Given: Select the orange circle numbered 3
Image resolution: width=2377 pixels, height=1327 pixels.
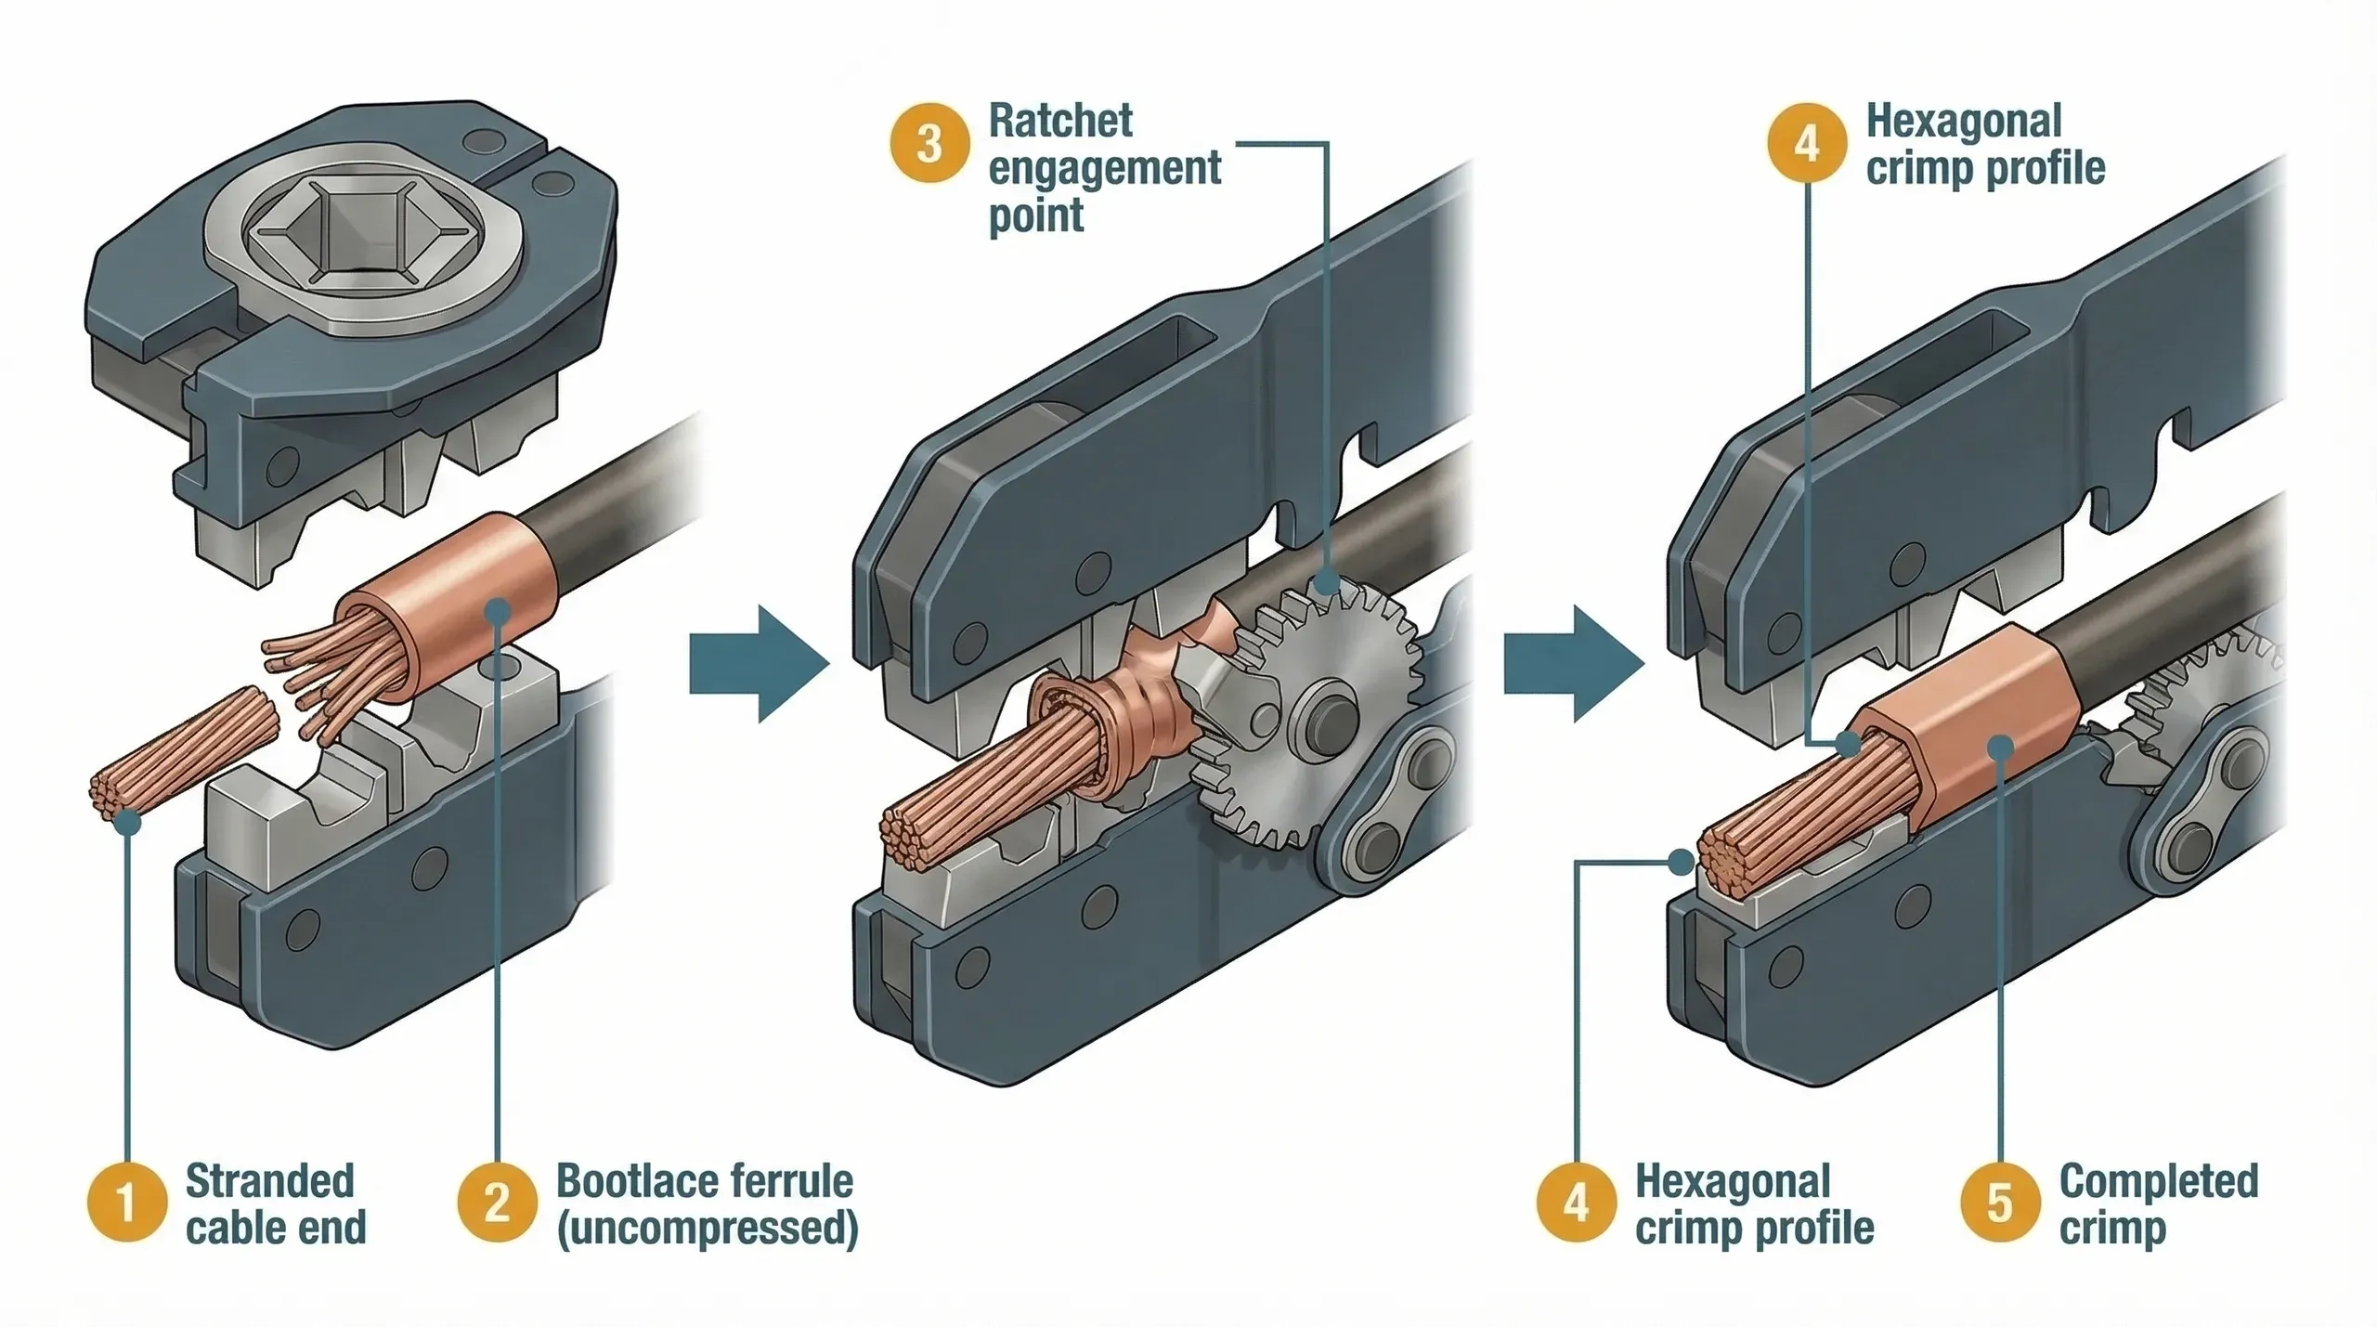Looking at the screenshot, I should [x=929, y=145].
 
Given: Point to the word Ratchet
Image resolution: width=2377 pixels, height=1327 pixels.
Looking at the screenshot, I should [x=1060, y=122].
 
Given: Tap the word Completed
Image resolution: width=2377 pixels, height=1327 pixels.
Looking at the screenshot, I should [x=2158, y=1181].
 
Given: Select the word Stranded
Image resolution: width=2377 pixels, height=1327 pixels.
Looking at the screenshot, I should [x=269, y=1181].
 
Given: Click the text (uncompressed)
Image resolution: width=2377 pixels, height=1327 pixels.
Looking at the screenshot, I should [x=707, y=1229].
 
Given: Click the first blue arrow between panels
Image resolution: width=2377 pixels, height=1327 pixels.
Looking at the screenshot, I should [x=757, y=663].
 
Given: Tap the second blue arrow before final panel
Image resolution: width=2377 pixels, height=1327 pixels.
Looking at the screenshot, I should [x=1571, y=663].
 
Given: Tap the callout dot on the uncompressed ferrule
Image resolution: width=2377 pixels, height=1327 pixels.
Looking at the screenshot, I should [x=499, y=611].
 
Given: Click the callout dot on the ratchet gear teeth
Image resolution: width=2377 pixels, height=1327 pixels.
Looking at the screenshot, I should [x=1328, y=584].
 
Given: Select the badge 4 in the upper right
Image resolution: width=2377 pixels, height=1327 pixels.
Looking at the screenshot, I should [x=1806, y=145].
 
